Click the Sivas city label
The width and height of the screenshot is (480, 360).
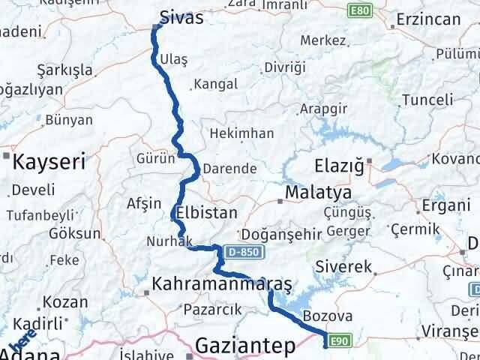(181, 17)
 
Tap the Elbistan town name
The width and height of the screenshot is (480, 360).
(205, 211)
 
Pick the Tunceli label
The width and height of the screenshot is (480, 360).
(427, 99)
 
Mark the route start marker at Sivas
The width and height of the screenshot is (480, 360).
(156, 28)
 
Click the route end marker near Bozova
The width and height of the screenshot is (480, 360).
(325, 344)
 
